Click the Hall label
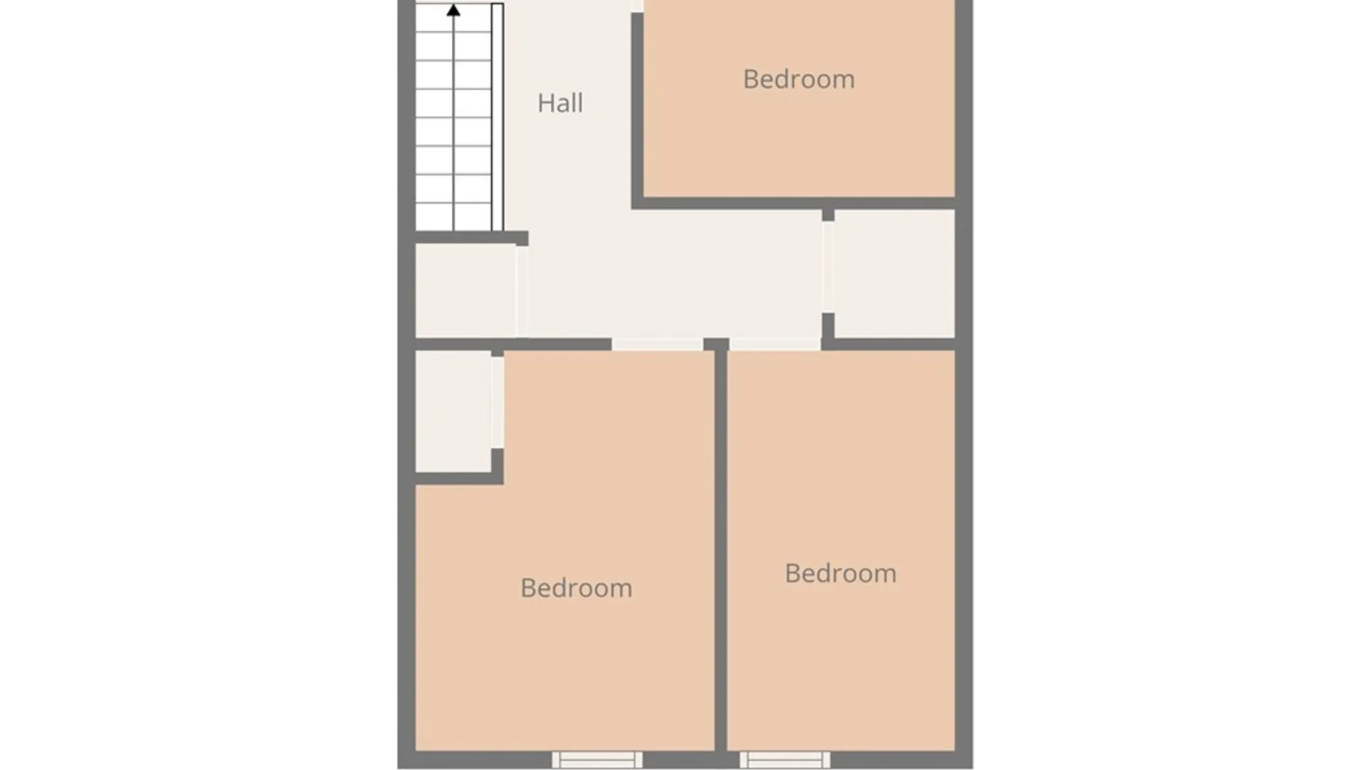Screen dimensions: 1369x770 (560, 103)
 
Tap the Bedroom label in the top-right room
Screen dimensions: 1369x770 (799, 79)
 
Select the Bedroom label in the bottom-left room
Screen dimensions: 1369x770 (576, 588)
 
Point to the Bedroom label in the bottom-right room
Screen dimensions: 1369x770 (841, 573)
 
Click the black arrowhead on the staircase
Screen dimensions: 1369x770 (453, 10)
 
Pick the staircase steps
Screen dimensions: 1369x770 (454, 117)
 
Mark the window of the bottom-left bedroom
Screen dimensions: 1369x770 (598, 759)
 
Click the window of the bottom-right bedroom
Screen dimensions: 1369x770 (784, 759)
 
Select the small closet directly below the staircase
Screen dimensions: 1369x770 (466, 291)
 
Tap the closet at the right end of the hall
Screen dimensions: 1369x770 (894, 273)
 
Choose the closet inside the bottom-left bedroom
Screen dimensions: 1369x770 (453, 411)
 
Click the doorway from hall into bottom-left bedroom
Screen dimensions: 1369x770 (657, 344)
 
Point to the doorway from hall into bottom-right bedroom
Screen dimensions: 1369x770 (774, 344)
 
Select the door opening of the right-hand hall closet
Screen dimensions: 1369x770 (828, 267)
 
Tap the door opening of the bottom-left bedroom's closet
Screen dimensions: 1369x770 (497, 402)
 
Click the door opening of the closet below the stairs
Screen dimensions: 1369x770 (523, 291)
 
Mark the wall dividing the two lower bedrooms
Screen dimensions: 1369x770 (721, 549)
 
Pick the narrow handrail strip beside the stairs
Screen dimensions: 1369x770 (498, 117)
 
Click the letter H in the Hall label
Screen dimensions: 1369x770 (545, 103)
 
